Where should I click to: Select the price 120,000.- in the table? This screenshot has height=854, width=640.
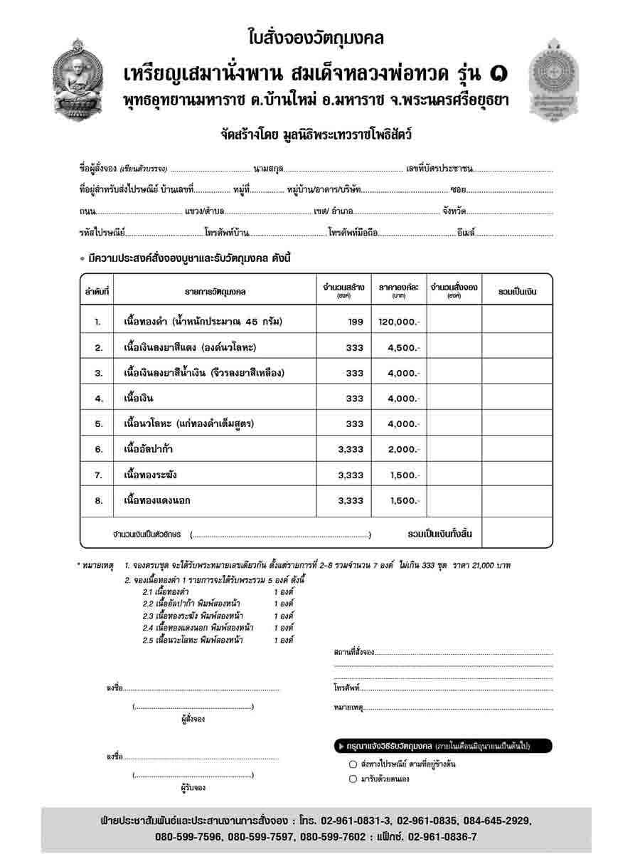click(x=399, y=322)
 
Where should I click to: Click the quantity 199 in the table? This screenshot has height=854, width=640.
click(x=356, y=322)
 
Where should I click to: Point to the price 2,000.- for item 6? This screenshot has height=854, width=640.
click(x=404, y=449)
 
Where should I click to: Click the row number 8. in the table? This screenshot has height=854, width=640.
click(x=99, y=500)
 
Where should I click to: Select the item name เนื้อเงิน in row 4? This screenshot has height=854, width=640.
click(x=139, y=399)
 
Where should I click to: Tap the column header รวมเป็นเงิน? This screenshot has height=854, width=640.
click(x=517, y=291)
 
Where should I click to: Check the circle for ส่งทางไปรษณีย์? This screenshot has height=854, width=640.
click(x=353, y=764)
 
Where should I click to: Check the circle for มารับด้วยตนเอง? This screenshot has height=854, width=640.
click(x=353, y=779)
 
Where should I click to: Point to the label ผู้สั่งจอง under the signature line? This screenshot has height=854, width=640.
click(x=193, y=719)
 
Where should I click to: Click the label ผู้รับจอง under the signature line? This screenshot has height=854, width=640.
click(x=193, y=788)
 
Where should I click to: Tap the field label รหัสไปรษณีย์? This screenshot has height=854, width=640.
click(x=102, y=233)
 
